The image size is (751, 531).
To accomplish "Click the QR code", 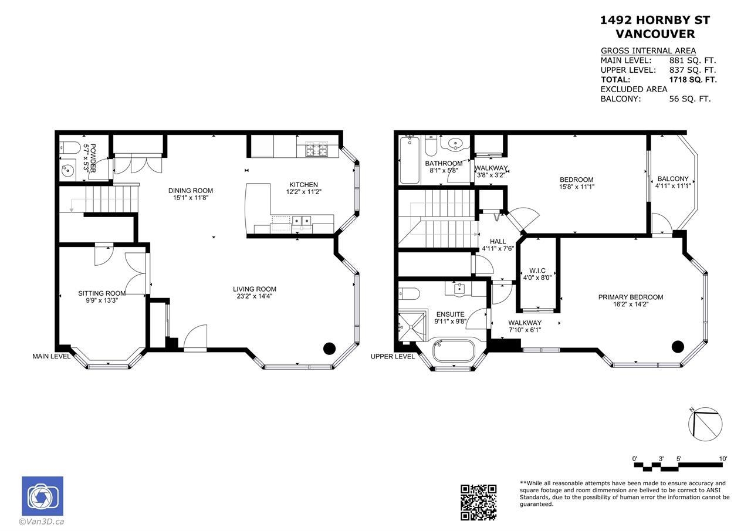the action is [x=478, y=502].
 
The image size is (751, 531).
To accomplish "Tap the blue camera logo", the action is [x=43, y=496].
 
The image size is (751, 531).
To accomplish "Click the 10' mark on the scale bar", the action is [x=723, y=459].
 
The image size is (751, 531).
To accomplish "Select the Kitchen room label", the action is [x=303, y=185].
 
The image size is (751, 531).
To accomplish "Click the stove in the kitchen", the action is [x=316, y=149].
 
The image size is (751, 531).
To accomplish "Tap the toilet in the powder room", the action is [x=70, y=147].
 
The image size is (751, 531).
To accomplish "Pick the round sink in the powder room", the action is [x=67, y=171].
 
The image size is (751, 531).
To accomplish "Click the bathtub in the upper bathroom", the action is [x=410, y=160].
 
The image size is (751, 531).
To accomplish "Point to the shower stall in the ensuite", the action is [x=412, y=326].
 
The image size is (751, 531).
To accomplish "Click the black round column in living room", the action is [x=329, y=349].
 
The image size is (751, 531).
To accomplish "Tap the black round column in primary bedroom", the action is [x=678, y=347].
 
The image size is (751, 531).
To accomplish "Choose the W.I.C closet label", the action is [x=537, y=270].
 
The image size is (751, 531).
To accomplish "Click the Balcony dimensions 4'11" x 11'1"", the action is [x=673, y=186].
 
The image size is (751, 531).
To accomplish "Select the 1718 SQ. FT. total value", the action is [x=693, y=80].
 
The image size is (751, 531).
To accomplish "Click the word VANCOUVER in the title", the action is [x=655, y=34].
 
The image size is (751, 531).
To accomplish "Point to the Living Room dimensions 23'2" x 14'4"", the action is [x=255, y=296].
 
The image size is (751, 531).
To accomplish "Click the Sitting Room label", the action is [x=102, y=293].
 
